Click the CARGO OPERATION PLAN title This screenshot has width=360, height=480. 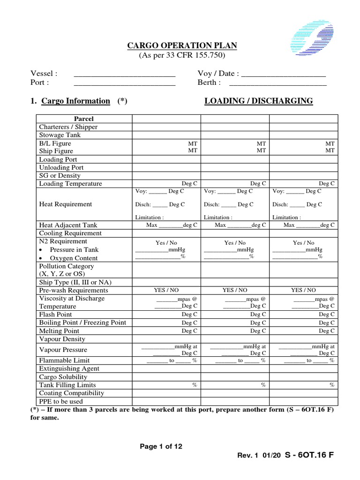(x=182, y=45)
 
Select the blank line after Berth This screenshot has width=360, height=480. (x=277, y=83)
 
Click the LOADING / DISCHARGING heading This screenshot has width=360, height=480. (x=258, y=101)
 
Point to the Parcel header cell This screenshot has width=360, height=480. (x=84, y=119)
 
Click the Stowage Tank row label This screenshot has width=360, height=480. (x=60, y=135)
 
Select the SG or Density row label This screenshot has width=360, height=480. (x=60, y=175)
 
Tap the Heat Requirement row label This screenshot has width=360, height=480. (x=66, y=204)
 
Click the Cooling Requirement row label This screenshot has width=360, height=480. (x=70, y=233)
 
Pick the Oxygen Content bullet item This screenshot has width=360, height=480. (x=74, y=258)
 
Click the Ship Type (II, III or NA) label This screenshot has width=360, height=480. (x=75, y=282)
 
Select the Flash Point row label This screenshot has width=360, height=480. (x=56, y=314)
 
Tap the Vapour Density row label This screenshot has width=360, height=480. (x=62, y=338)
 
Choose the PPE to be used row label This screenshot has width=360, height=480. (x=61, y=401)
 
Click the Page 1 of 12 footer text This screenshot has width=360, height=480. (x=161, y=446)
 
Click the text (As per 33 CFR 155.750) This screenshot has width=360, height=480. (x=182, y=55)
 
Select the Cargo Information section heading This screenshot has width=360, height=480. (x=75, y=101)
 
